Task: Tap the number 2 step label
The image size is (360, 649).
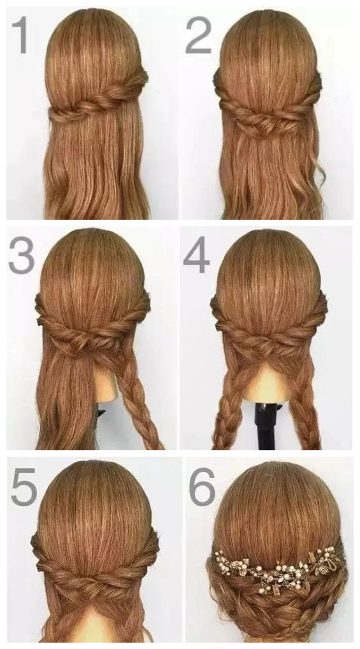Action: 198,35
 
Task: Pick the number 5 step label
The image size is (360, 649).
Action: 24,487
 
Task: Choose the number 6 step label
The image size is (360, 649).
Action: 202,487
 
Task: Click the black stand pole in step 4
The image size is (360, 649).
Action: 265,425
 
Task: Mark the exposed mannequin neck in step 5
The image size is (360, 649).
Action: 96,624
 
